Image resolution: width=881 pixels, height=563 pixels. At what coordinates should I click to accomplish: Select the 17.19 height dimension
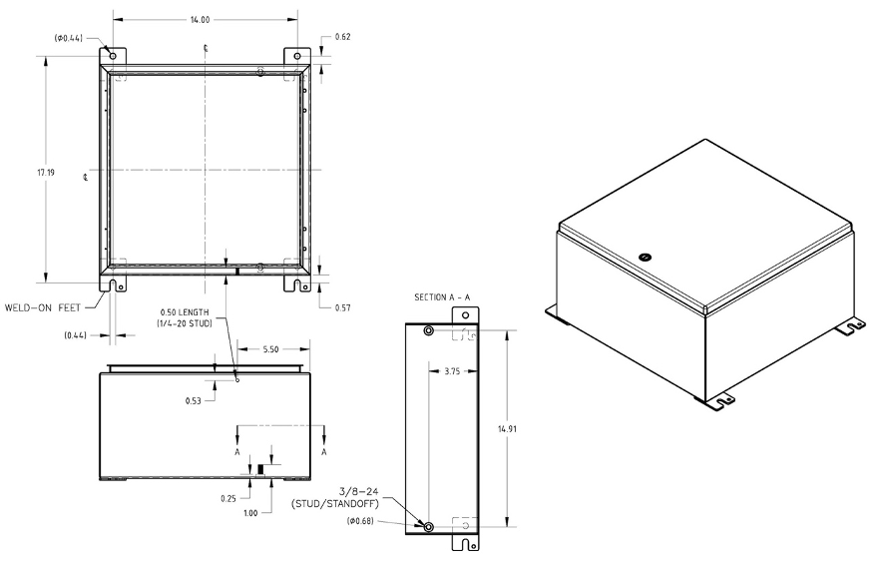[46, 173]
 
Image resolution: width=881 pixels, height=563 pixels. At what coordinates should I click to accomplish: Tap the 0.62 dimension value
[342, 37]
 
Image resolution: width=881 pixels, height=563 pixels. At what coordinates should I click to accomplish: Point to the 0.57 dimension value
[342, 307]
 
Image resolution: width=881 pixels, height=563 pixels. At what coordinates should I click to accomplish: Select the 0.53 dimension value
[193, 400]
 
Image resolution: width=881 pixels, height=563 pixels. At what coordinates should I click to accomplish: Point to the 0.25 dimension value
[228, 496]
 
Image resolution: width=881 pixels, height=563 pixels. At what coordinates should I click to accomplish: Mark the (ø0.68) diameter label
[363, 521]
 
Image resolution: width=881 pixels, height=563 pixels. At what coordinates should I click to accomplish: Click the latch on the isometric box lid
[646, 257]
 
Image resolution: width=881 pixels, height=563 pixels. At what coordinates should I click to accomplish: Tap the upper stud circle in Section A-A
[429, 331]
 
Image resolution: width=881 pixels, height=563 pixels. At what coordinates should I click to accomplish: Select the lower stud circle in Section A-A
[429, 527]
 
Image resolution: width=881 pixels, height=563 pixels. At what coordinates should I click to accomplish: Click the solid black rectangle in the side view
[261, 469]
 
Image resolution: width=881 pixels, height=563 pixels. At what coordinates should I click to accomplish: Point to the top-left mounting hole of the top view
[112, 55]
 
